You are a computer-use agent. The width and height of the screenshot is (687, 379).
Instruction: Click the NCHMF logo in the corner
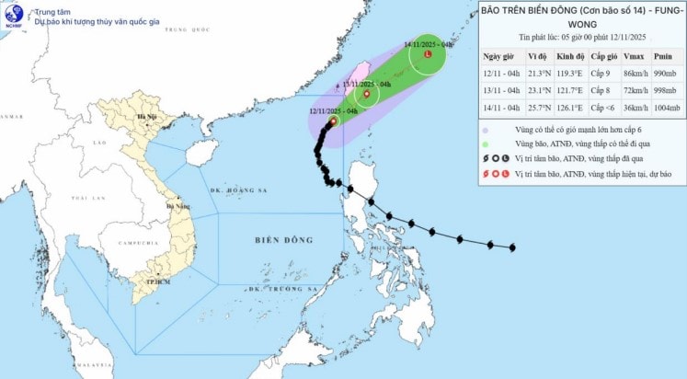[x=14, y=15]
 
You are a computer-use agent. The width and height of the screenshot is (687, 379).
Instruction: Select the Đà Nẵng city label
[x=171, y=206]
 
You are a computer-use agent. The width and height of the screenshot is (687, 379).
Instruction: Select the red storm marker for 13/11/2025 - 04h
[x=367, y=94]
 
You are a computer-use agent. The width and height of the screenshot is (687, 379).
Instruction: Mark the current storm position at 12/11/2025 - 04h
[x=333, y=120]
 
